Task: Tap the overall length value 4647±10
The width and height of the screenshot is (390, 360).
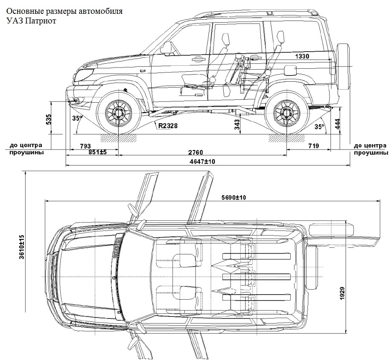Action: pyautogui.click(x=203, y=161)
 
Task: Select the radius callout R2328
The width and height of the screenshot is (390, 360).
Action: pyautogui.click(x=168, y=124)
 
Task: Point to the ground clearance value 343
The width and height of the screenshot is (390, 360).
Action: pyautogui.click(x=238, y=124)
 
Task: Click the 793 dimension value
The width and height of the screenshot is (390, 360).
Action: pyautogui.click(x=85, y=146)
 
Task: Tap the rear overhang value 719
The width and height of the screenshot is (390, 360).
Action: pyautogui.click(x=313, y=146)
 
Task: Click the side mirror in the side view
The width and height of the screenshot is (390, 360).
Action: pyautogui.click(x=167, y=48)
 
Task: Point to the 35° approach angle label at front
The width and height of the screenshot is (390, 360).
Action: pyautogui.click(x=77, y=118)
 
